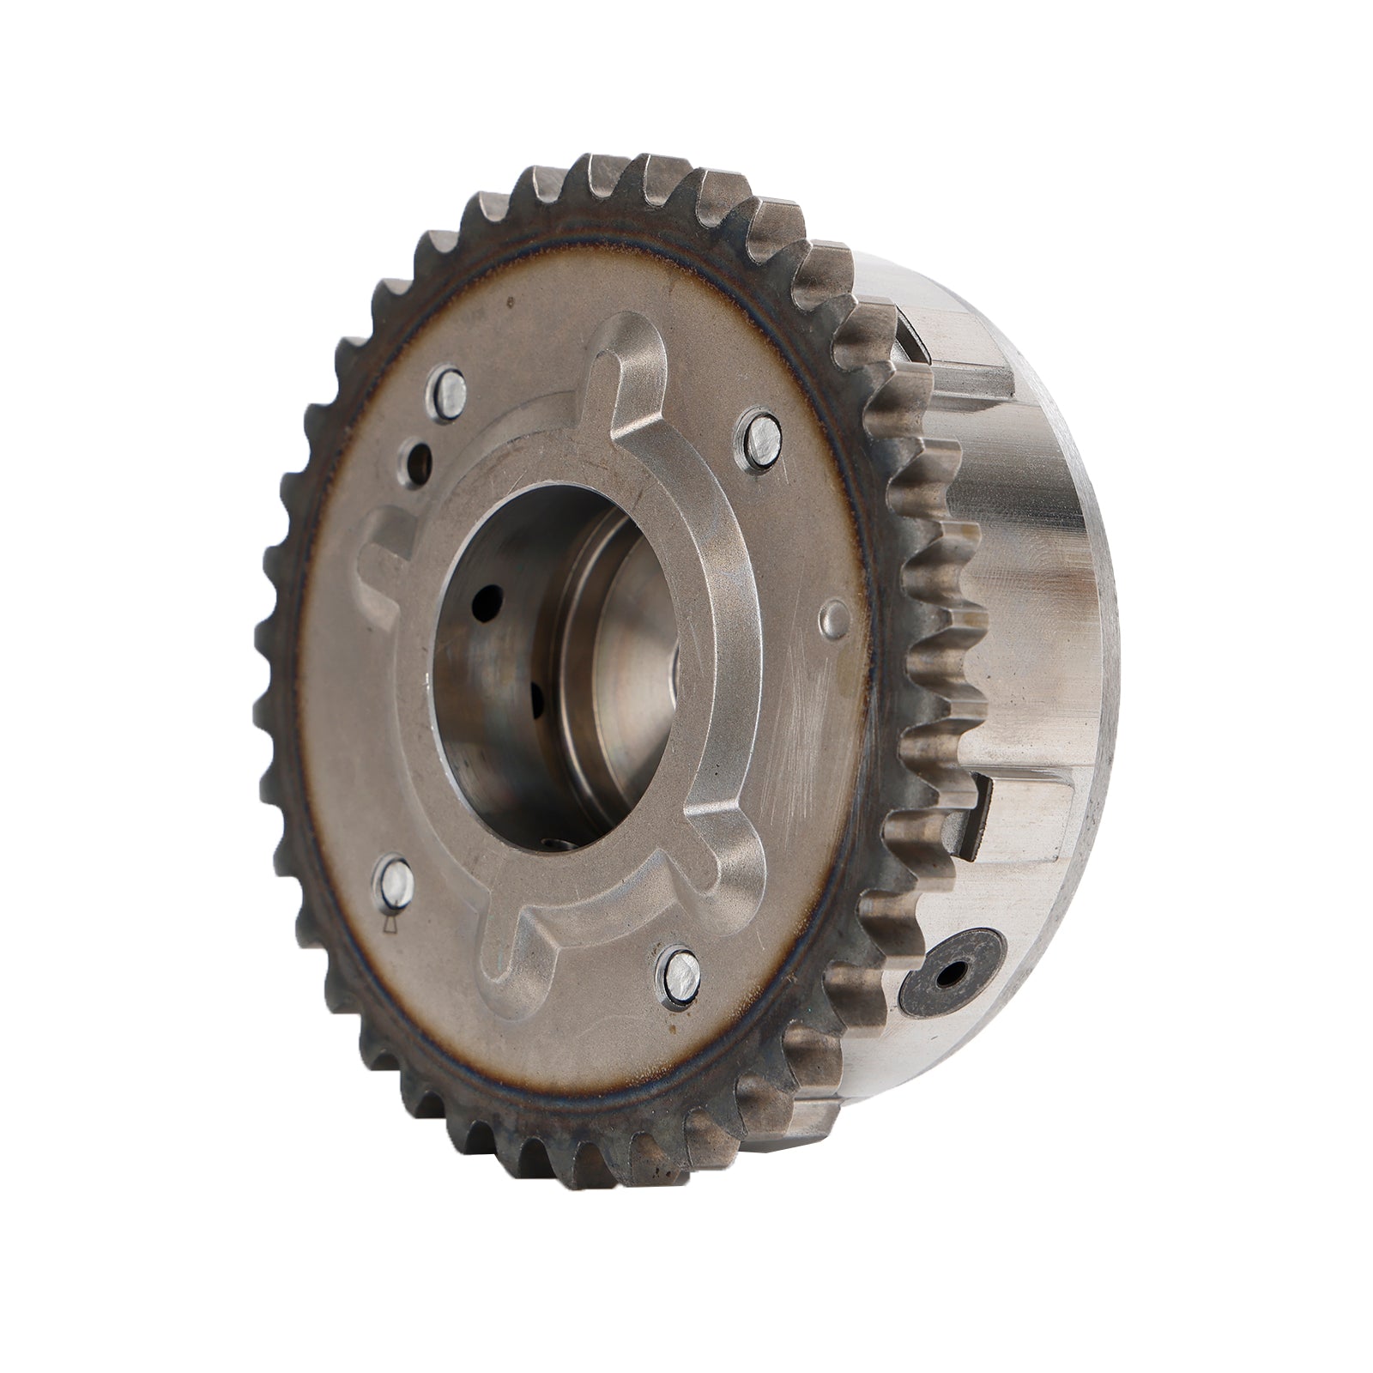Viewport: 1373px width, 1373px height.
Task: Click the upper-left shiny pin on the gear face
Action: [x=449, y=392]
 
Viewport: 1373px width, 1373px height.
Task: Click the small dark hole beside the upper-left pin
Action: [x=420, y=463]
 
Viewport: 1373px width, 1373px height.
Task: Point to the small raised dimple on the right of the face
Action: [x=834, y=616]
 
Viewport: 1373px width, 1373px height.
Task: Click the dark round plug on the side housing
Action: [x=953, y=973]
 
